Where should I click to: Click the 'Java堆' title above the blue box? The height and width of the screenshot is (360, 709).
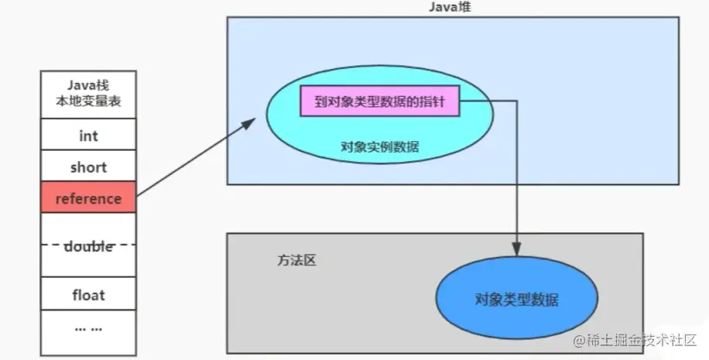pos(452,7)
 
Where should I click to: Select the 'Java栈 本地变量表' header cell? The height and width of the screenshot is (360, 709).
pos(88,93)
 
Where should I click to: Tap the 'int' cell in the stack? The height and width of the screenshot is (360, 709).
pos(88,135)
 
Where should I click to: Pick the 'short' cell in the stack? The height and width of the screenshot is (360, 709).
pos(88,167)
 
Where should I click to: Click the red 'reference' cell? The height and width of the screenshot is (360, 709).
pos(88,198)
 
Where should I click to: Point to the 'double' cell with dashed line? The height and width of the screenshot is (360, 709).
pos(88,245)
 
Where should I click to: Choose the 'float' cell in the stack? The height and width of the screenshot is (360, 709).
pos(88,295)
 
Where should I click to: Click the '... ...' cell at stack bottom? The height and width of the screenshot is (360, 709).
pos(88,328)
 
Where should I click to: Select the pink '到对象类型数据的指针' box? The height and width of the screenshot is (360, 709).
pos(379,101)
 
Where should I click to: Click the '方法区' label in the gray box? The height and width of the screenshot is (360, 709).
pos(296,260)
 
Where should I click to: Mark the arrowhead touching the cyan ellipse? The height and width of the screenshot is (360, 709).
pos(254,121)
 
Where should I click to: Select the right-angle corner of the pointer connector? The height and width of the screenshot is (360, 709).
pos(516,101)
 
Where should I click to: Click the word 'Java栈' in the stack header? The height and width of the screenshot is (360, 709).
pos(88,85)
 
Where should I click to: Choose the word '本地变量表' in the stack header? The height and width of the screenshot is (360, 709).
pos(88,101)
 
